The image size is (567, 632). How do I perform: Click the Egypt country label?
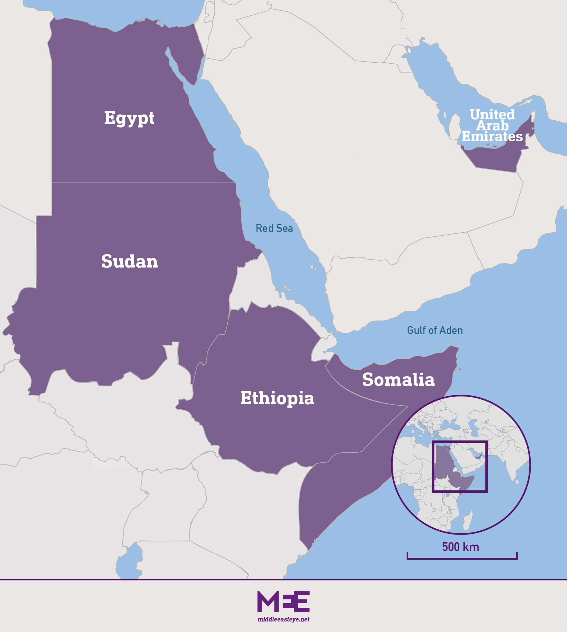(x=129, y=118)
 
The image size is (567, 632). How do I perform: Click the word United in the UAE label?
(x=492, y=114)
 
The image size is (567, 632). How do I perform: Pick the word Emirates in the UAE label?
(x=492, y=136)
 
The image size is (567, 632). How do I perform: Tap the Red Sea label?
(x=274, y=228)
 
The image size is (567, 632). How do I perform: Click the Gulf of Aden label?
(x=435, y=331)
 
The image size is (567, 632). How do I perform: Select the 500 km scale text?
(x=460, y=547)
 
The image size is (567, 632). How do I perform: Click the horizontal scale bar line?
(x=462, y=558)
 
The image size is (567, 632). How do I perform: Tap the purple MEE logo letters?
(x=283, y=601)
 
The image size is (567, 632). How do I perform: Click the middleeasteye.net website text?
(x=283, y=619)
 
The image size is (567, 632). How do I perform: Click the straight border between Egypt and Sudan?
(x=143, y=182)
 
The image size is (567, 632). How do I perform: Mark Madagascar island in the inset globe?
(x=468, y=521)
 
